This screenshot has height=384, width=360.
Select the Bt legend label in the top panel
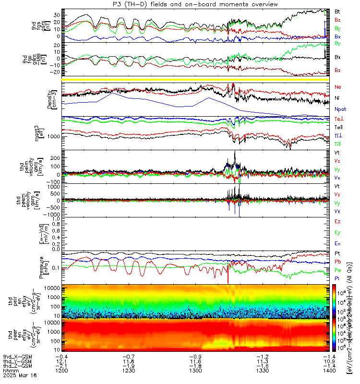point(337,11)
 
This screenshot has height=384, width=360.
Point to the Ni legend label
point(337,98)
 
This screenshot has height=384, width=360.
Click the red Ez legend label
point(337,221)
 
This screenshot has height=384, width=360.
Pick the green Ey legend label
point(337,232)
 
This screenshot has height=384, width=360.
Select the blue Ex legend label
point(337,244)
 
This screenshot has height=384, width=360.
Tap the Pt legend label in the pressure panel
point(337,253)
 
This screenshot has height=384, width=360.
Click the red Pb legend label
point(337,262)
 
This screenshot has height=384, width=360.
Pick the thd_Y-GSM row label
point(14,361)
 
